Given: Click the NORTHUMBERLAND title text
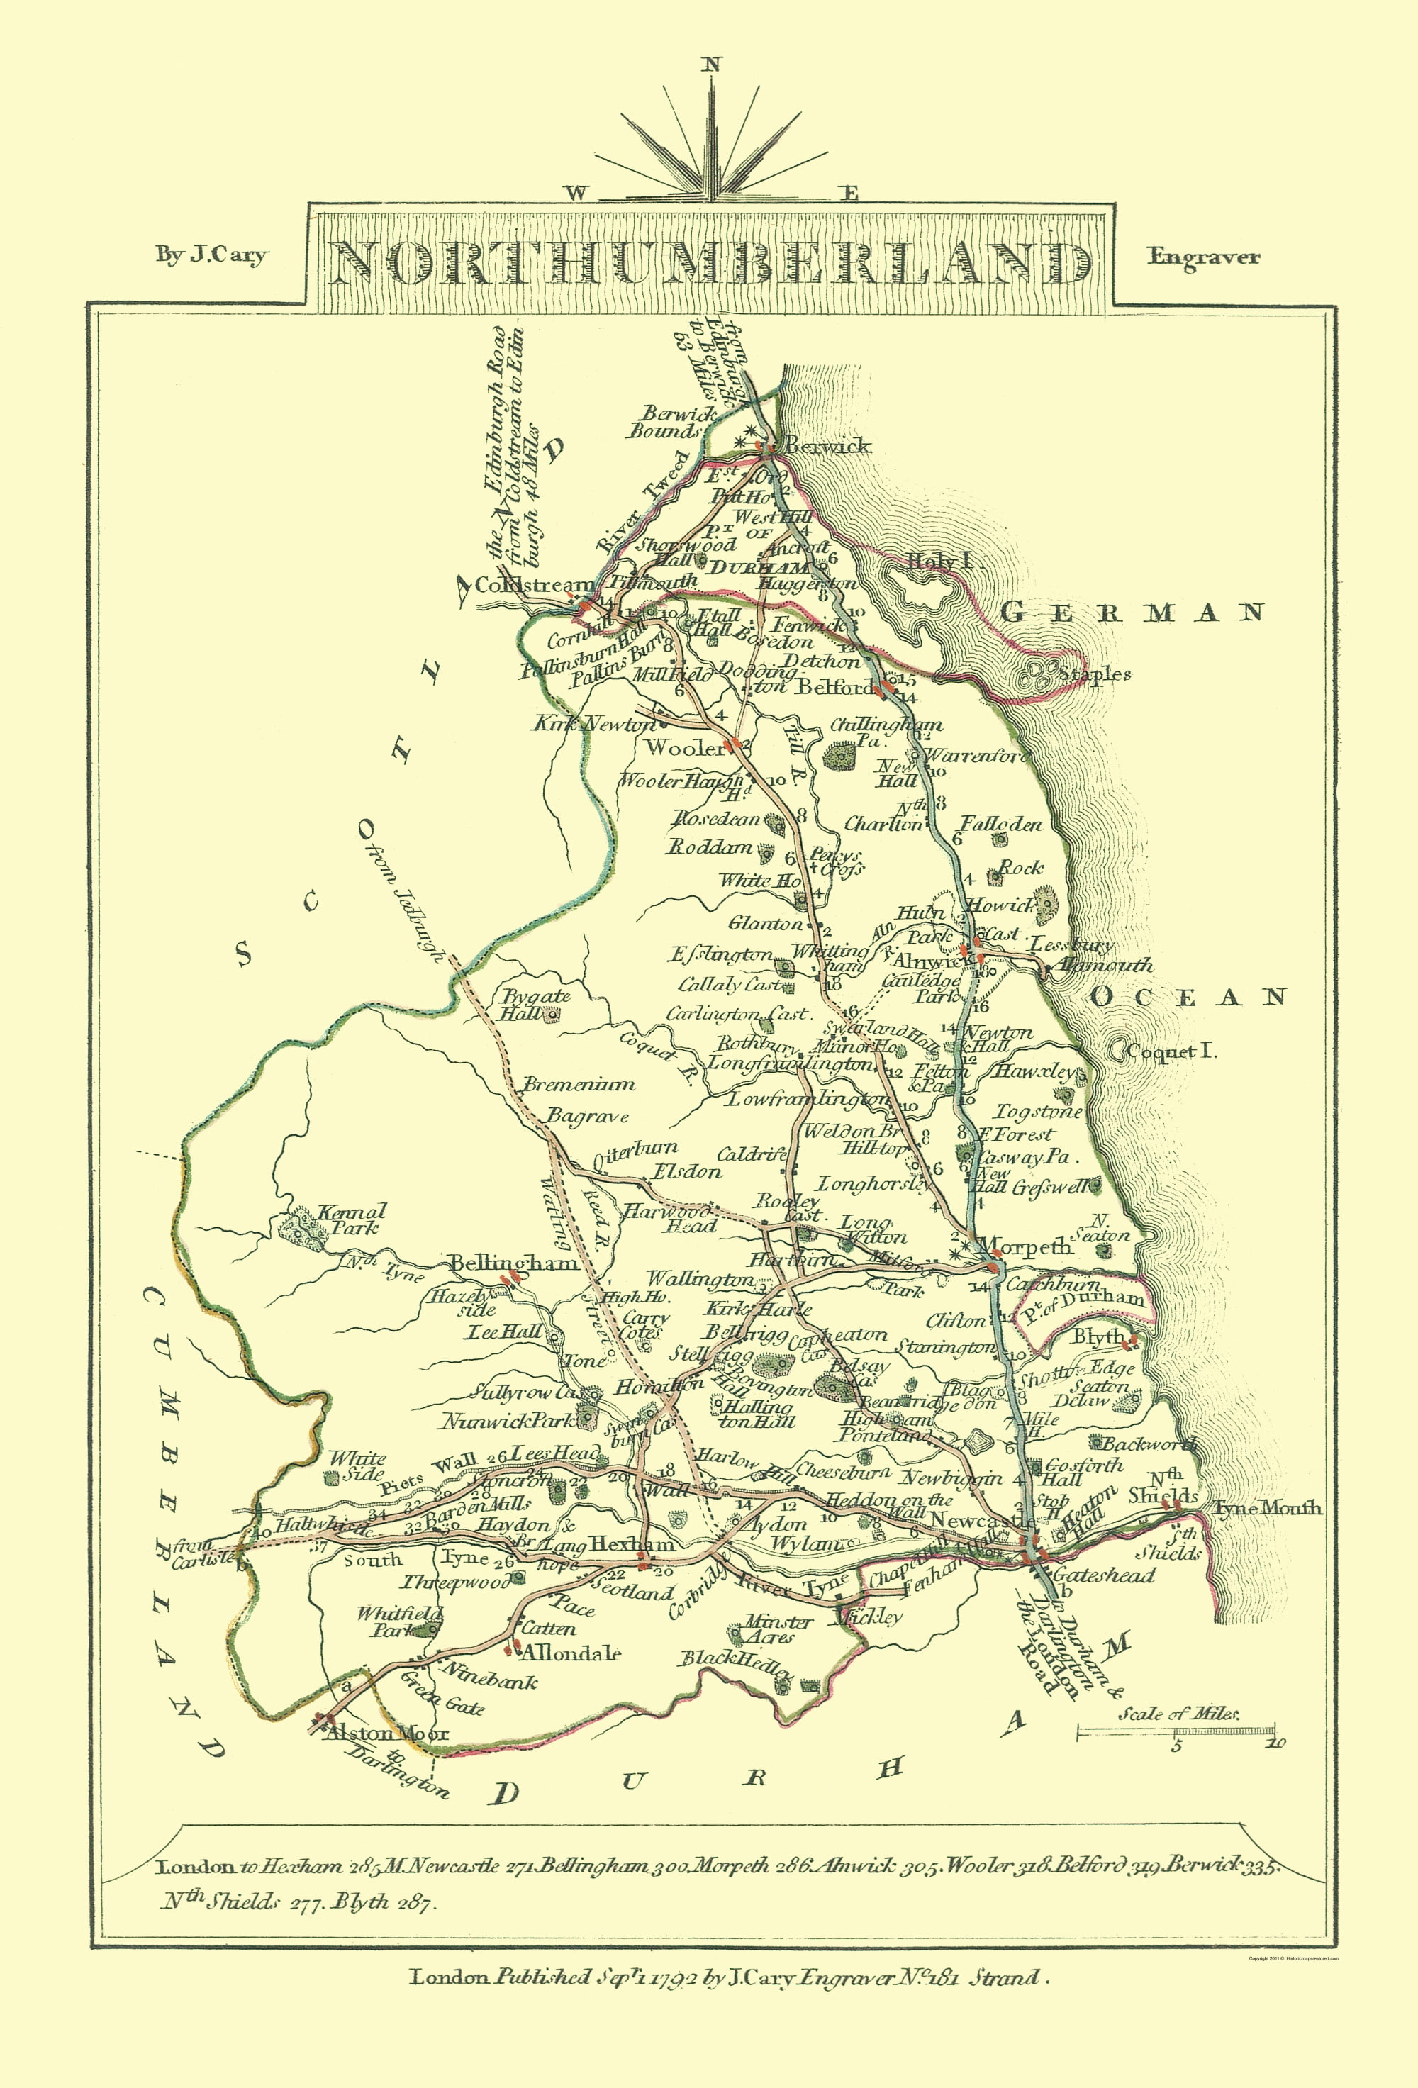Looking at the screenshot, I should pyautogui.click(x=710, y=262).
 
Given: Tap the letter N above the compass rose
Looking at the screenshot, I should pyautogui.click(x=712, y=64).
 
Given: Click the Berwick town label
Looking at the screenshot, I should pyautogui.click(x=827, y=446).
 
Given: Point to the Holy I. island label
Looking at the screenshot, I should pyautogui.click(x=941, y=562).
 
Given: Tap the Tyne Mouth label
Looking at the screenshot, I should pyautogui.click(x=1267, y=1507).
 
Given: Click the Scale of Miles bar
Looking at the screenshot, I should pyautogui.click(x=1176, y=1731).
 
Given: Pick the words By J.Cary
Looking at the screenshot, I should pyautogui.click(x=212, y=256).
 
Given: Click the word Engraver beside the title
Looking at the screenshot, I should pyautogui.click(x=1203, y=257).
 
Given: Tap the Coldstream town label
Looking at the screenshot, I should pyautogui.click(x=534, y=585).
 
